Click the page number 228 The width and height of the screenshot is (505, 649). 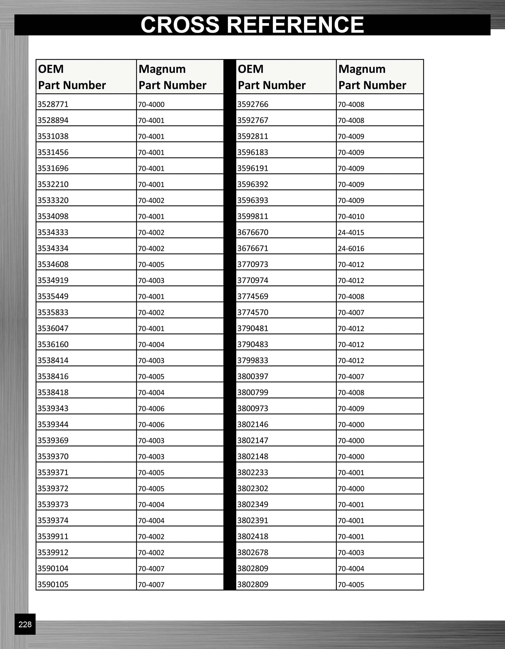25,624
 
